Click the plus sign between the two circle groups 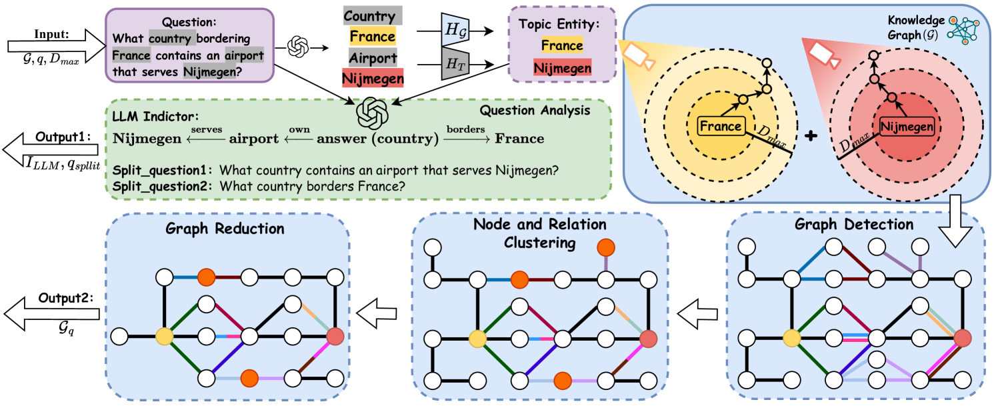(811, 136)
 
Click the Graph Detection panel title (854, 224)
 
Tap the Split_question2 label (159, 186)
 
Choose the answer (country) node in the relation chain (377, 139)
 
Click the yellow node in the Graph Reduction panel (162, 335)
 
